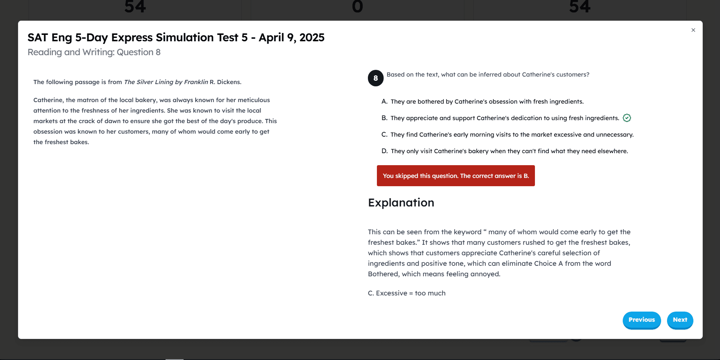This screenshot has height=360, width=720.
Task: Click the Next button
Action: tap(679, 320)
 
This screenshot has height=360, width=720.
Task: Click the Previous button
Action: tap(641, 320)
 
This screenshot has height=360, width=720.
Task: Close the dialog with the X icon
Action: tap(693, 30)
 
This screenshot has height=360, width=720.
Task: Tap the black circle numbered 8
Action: tap(375, 78)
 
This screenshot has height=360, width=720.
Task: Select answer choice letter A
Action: tap(384, 101)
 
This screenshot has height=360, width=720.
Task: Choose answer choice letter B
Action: tap(384, 118)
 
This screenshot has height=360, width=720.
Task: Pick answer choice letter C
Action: tap(384, 134)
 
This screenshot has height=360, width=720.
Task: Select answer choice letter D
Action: tap(384, 151)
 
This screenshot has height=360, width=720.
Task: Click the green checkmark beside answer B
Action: tap(627, 118)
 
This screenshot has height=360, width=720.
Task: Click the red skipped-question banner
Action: tap(455, 176)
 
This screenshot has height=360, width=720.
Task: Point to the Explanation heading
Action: tap(401, 203)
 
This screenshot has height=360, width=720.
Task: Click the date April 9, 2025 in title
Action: tap(291, 38)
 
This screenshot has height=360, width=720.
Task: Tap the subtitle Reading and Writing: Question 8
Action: tap(94, 52)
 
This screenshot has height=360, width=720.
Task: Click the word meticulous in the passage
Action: tap(253, 100)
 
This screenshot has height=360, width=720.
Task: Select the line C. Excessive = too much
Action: tap(407, 293)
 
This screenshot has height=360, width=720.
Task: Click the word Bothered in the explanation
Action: tap(383, 274)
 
